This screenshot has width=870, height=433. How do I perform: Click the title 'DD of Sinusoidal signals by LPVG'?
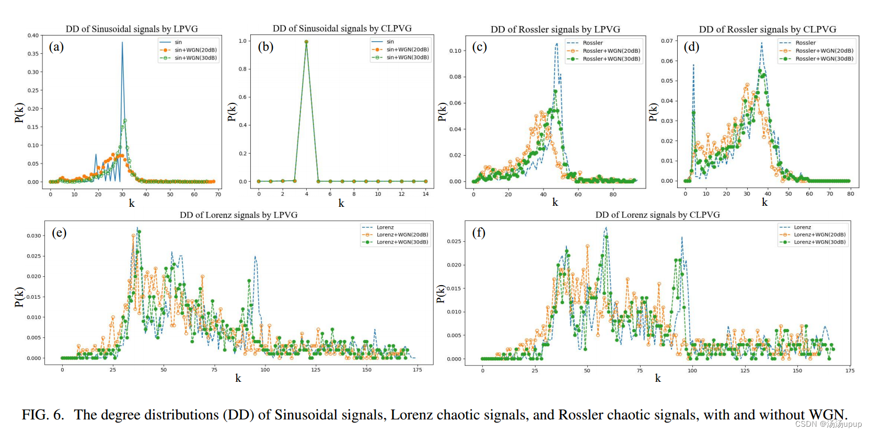coord(132,29)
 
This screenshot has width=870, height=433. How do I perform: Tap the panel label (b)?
coord(265,47)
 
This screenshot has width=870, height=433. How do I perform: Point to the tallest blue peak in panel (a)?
coord(122,43)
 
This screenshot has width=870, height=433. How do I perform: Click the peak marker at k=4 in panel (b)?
coord(306,42)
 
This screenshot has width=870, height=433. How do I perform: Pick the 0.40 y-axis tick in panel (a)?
coord(33,36)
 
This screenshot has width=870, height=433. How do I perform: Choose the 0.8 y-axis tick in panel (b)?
coord(242,69)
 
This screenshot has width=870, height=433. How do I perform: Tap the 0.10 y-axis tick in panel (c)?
coord(455,51)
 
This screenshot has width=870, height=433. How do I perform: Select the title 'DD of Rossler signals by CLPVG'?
coord(767,29)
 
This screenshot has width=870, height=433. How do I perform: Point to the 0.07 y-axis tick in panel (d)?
coord(667,41)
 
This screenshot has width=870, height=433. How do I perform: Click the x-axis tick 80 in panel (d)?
coord(851,194)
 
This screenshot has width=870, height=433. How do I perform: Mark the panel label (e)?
coord(59,232)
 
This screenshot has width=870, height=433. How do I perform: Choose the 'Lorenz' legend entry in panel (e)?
coord(385,227)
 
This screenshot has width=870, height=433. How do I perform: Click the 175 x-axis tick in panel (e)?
coord(417,370)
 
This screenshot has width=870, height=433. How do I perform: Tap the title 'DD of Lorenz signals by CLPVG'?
coord(657,215)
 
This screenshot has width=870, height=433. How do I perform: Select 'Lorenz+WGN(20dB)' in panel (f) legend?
coord(819,235)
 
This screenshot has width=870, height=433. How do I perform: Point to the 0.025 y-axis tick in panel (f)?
coord(454,241)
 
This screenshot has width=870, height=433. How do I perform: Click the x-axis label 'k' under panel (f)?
coord(658,378)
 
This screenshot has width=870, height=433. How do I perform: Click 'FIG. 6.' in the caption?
coord(43,415)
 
